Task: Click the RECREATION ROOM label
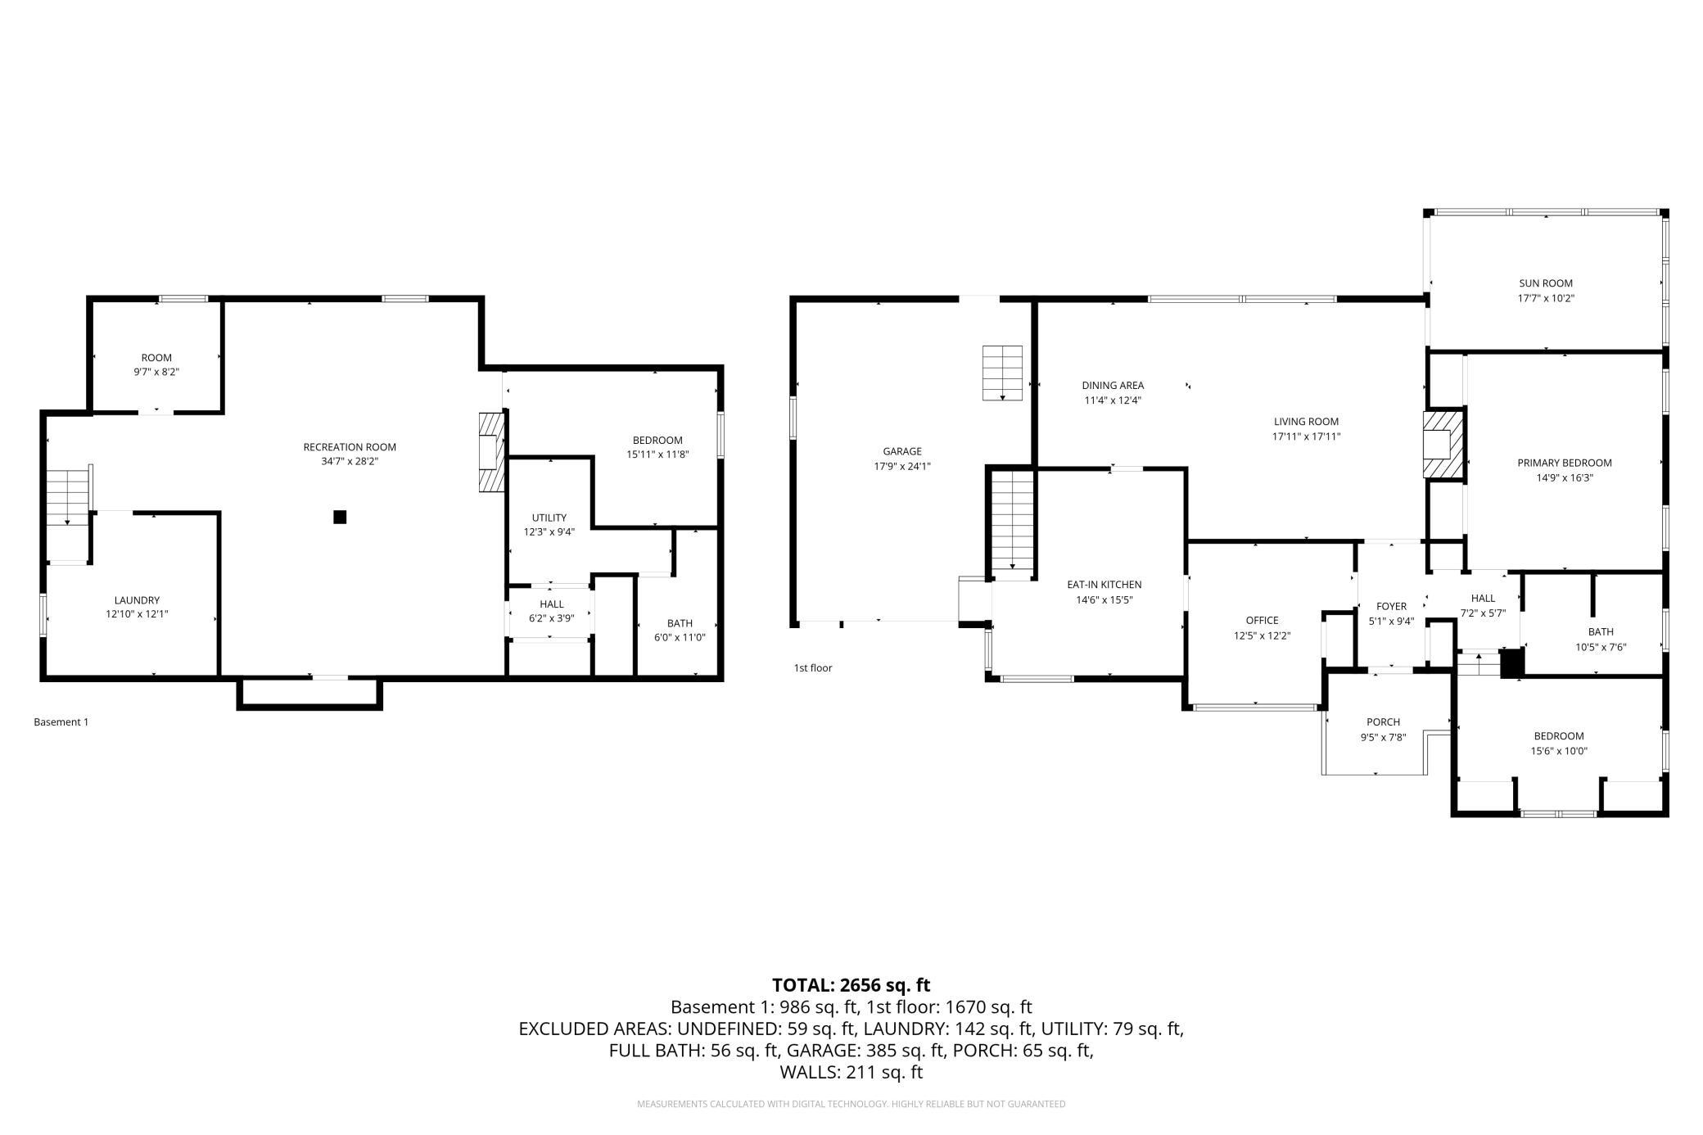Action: pos(350,447)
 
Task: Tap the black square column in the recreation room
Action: pos(340,517)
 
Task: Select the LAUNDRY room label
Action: pos(137,600)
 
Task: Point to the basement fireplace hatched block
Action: pos(491,452)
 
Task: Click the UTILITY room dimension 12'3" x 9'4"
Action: pos(549,532)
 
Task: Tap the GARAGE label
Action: pos(902,451)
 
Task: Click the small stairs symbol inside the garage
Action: pos(1003,373)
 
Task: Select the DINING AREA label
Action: pos(1113,386)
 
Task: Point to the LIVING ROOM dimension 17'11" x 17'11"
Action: pos(1306,436)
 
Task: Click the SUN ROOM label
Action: pos(1546,283)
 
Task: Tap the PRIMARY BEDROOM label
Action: pos(1565,463)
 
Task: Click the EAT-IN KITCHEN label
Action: pos(1104,585)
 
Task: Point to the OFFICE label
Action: pos(1262,621)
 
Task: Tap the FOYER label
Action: pos(1391,607)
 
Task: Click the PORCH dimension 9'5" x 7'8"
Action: pos(1383,737)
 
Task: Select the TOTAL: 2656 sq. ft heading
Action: pos(851,985)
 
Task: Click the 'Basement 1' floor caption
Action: pos(61,722)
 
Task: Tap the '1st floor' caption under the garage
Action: pos(813,668)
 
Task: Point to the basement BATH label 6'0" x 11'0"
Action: pos(680,631)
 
